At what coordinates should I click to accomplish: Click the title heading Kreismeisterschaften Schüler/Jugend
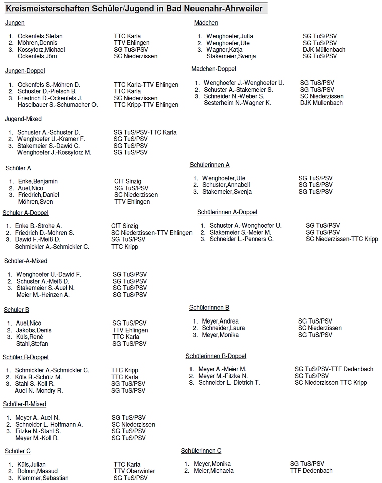[134, 8]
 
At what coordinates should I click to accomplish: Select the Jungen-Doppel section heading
[25, 71]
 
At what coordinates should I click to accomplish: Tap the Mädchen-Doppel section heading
[213, 69]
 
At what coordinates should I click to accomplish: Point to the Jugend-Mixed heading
[23, 119]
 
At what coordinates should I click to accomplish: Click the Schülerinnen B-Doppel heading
[216, 356]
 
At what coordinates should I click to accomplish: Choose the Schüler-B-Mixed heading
[24, 404]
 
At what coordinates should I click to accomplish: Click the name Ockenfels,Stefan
[40, 36]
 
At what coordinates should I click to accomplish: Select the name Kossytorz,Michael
[41, 50]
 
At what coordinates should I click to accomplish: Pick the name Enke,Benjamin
[38, 181]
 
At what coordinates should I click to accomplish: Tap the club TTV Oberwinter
[134, 471]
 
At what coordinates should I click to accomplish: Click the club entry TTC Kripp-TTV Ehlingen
[146, 105]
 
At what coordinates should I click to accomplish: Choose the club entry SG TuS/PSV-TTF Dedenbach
[334, 369]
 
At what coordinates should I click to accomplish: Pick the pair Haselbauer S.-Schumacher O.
[57, 105]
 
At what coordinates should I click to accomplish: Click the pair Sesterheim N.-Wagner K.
[237, 103]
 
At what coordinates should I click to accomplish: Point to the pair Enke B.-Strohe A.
[38, 226]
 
